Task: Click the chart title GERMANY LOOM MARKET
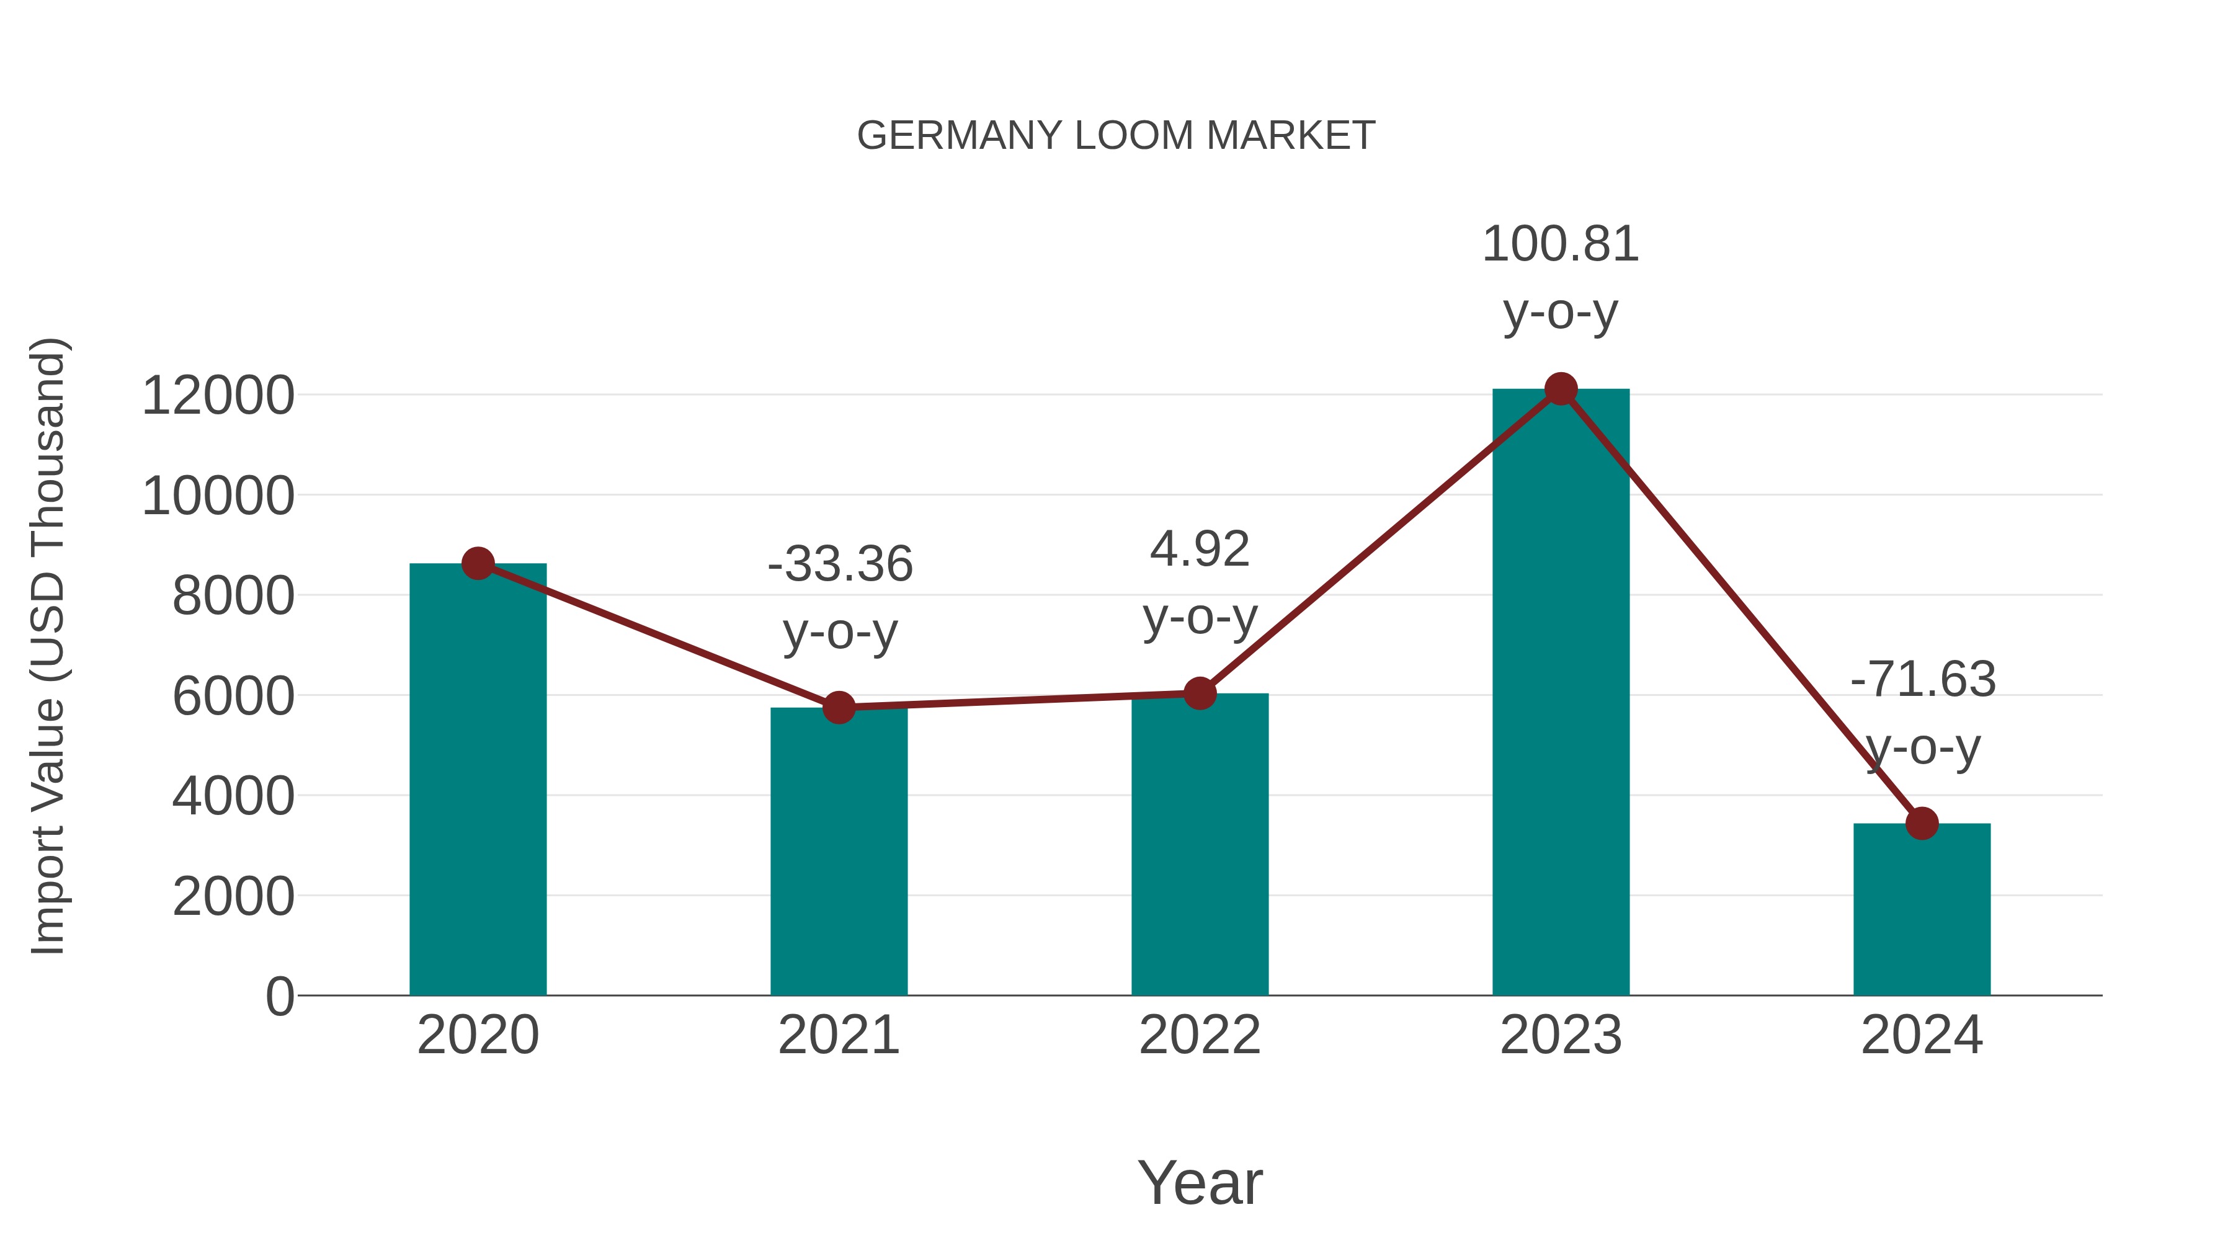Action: pos(1116,136)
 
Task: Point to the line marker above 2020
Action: pos(478,563)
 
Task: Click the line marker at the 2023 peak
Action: pos(1561,389)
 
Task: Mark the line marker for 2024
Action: pos(1922,824)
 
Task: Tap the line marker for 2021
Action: pos(838,707)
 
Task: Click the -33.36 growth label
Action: pos(840,564)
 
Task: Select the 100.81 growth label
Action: pos(1561,244)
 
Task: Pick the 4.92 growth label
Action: pos(1200,550)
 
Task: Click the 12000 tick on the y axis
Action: pos(218,396)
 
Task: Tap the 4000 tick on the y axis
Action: pos(233,796)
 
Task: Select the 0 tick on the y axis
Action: pos(279,996)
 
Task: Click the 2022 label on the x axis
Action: pos(1200,1035)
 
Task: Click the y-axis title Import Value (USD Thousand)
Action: pos(48,646)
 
